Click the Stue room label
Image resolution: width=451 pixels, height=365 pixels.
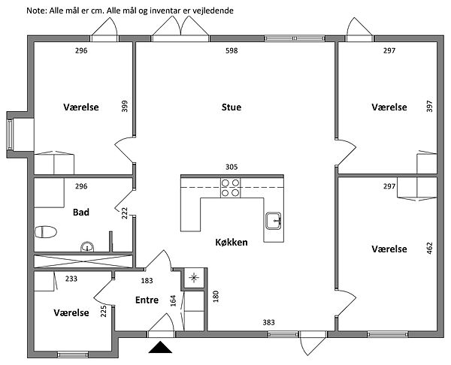tap(231, 107)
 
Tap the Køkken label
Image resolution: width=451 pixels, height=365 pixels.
tap(231, 242)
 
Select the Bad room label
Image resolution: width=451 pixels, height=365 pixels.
tap(81, 213)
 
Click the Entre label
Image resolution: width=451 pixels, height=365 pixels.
tap(146, 300)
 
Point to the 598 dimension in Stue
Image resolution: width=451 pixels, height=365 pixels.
tap(233, 51)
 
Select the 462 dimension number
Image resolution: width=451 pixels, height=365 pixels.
tap(429, 249)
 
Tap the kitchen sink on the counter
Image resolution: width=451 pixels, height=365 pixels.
tap(272, 221)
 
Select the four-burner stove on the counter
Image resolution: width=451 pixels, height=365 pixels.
tap(231, 188)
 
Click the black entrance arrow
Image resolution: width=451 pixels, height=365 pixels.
tap(160, 346)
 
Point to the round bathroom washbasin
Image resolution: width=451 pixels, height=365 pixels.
tap(88, 246)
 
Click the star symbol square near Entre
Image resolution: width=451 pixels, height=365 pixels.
tap(194, 278)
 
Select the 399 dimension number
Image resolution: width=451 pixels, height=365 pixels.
tap(125, 106)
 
